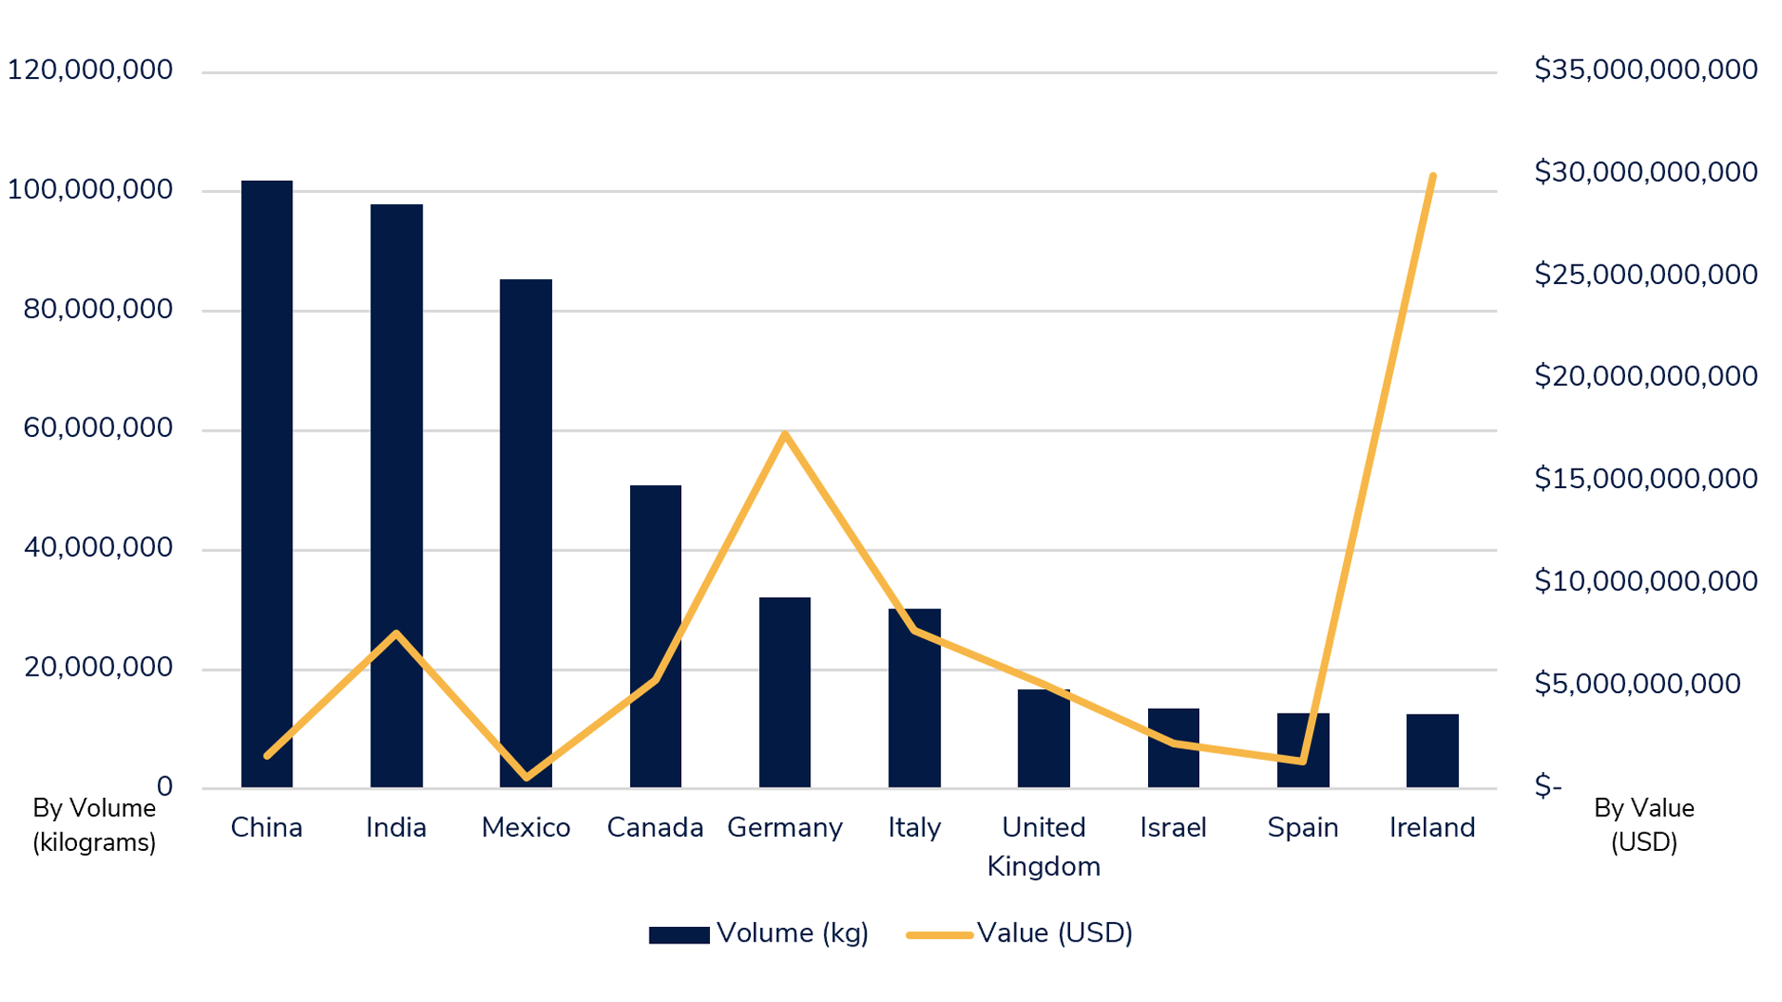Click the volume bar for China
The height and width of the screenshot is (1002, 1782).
(266, 482)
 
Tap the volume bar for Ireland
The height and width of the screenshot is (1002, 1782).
(1432, 751)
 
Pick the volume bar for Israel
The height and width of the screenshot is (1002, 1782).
(1173, 748)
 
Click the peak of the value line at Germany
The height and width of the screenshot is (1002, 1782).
(785, 433)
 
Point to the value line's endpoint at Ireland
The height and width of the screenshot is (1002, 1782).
(1433, 176)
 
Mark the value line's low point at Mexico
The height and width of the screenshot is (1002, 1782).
(526, 777)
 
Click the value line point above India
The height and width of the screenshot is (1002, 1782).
(396, 634)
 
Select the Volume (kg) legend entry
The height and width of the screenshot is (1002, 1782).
(759, 933)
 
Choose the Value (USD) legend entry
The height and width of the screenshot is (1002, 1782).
(1020, 933)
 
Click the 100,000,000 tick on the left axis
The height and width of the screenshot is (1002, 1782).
(90, 189)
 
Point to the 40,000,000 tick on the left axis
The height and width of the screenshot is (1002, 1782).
(98, 547)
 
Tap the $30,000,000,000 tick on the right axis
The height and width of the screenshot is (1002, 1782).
(1646, 172)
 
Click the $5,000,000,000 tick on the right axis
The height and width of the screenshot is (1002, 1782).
(1637, 684)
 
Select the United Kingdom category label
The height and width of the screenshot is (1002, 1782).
(1043, 846)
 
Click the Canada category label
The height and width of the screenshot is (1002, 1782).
(655, 828)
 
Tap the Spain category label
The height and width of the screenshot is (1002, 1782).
(1302, 828)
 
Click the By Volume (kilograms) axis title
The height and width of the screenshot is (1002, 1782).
(94, 825)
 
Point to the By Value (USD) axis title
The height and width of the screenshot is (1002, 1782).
(1644, 825)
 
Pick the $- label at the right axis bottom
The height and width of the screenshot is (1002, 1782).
(1548, 787)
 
